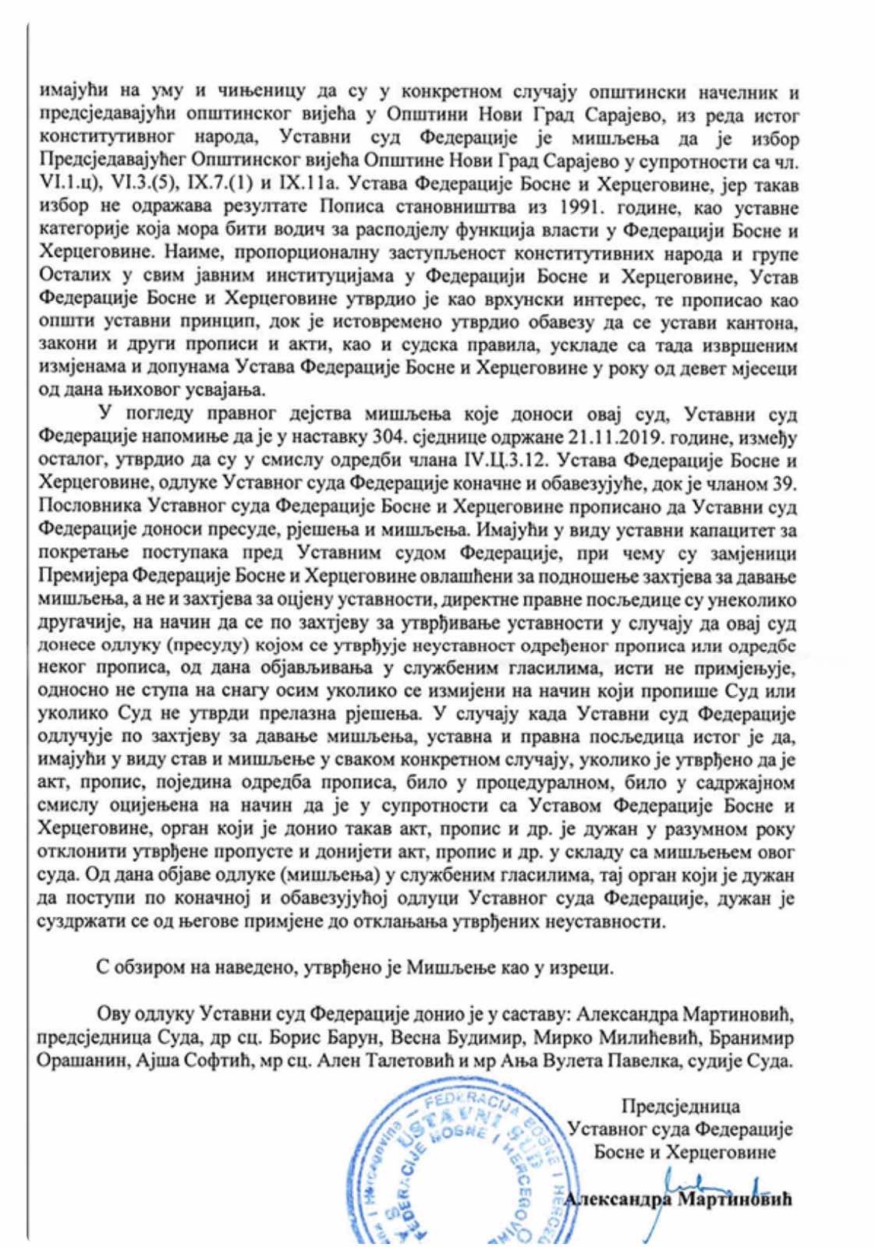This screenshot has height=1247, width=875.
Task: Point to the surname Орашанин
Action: [x=84, y=1061]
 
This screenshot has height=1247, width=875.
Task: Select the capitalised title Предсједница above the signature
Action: [x=680, y=1107]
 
